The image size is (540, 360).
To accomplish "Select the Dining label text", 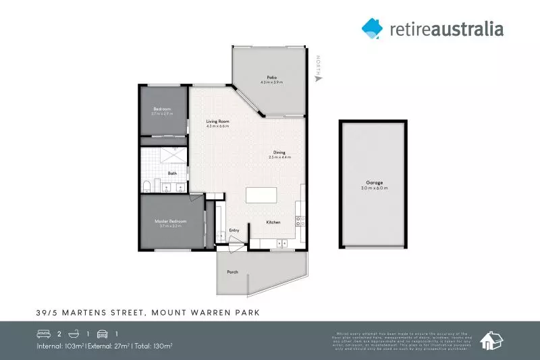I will coord(279,152).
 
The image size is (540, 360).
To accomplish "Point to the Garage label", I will coord(375,183).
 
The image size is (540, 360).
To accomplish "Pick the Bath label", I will coord(172,174).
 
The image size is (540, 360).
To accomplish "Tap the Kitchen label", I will coord(273,222).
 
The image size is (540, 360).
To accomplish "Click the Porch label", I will coord(232,272).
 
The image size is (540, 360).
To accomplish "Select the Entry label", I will coord(234,230).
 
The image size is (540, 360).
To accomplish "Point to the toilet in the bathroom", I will coord(147,186).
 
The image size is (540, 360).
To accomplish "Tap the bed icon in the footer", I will coord(43,334).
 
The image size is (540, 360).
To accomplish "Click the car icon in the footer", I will coord(103,334).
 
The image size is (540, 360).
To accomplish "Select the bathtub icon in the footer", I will coord(74,334).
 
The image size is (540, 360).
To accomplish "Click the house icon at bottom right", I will coord(491,341).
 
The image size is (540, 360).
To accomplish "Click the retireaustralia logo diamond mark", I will coord(372,27).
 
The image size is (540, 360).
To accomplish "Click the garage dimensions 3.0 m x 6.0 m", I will coord(375,188).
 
